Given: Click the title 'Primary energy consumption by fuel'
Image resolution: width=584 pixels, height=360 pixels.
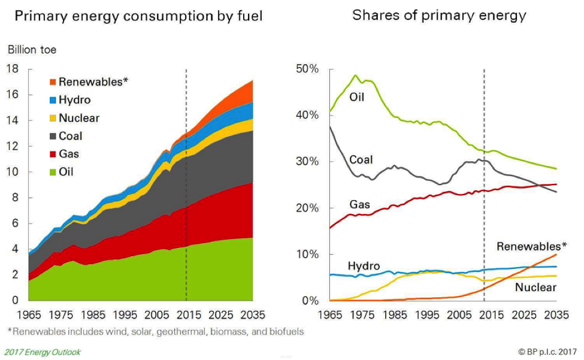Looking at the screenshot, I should point(138,16).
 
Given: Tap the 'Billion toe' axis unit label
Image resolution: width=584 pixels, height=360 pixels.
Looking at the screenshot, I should point(32,50).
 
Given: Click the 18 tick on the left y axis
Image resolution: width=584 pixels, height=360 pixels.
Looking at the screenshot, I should point(13,68).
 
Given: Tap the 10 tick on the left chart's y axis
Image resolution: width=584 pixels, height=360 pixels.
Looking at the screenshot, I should point(13,172).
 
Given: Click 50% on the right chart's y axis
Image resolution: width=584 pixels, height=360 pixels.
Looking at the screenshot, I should point(307,69).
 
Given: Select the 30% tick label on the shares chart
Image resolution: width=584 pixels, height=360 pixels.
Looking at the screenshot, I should point(307,162).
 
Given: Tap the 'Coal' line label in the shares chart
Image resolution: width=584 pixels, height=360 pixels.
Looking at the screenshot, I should point(361,160).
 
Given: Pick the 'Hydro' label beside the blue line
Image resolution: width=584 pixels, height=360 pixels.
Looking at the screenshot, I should point(362,265).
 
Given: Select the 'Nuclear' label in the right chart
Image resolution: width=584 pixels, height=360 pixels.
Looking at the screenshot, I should point(537,288).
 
